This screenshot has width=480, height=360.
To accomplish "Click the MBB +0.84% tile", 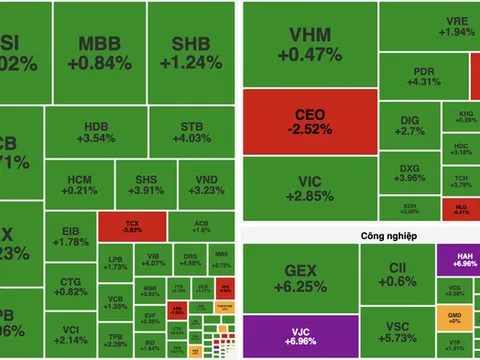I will click(104, 54).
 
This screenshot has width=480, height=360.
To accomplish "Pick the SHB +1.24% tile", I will click(198, 54).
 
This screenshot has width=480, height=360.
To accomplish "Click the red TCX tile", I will click(132, 225).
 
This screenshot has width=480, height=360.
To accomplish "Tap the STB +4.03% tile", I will click(192, 132).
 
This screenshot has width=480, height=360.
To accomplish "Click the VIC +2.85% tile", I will click(309, 188).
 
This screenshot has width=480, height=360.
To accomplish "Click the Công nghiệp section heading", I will click(353, 236).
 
